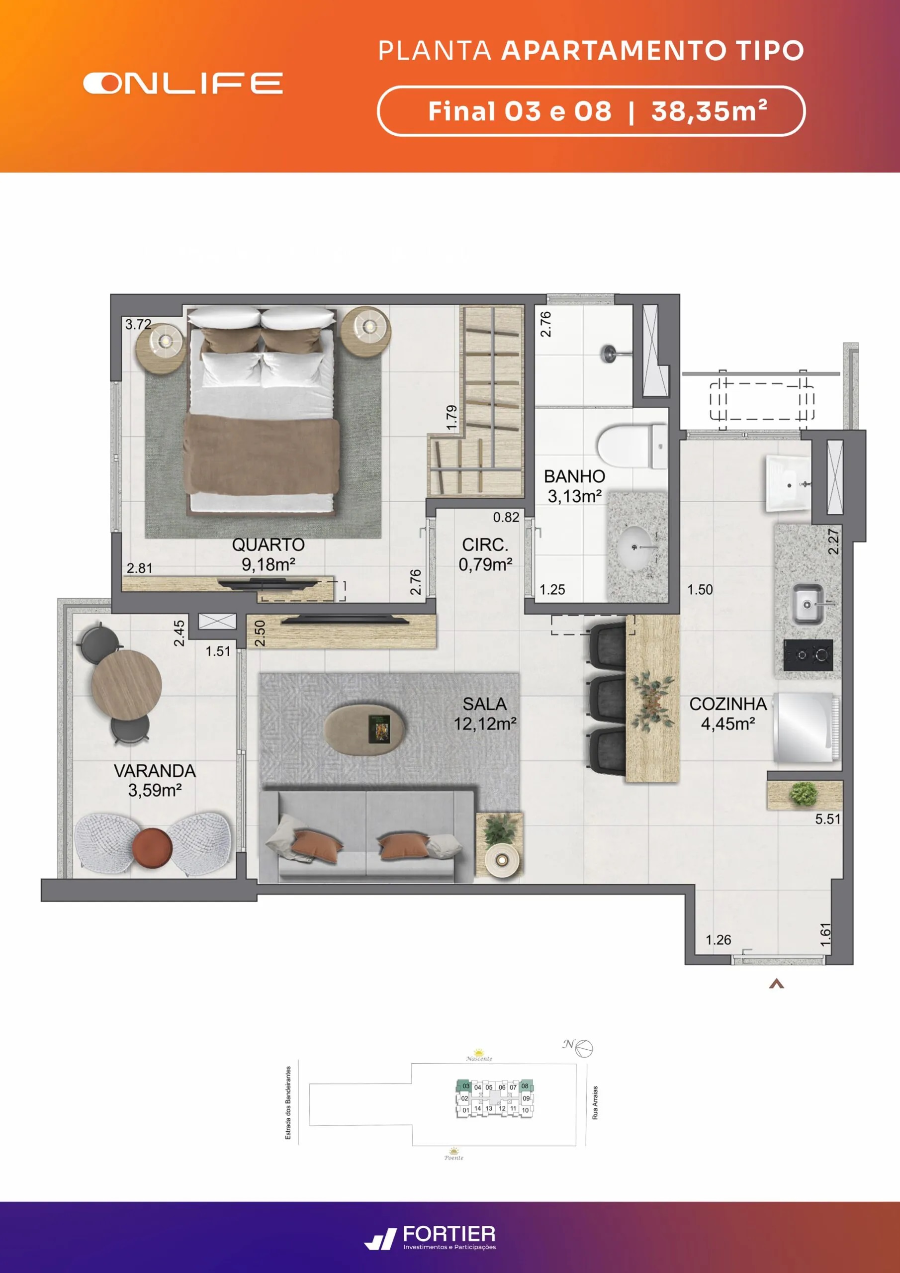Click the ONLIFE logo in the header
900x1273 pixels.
[x=183, y=83]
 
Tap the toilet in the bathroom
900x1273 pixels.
[x=632, y=447]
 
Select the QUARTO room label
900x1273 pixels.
[x=268, y=545]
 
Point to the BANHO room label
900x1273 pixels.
[x=574, y=476]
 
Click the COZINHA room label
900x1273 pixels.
[x=728, y=704]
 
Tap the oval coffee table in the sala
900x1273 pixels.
[x=365, y=728]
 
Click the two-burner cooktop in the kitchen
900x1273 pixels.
[x=808, y=655]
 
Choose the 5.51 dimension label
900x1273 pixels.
[x=827, y=819]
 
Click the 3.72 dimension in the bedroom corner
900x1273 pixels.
[x=138, y=324]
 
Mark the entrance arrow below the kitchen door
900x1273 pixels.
[x=776, y=984]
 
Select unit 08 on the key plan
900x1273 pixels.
[x=525, y=1086]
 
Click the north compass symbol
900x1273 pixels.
[x=583, y=1048]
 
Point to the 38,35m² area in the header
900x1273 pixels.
[x=709, y=111]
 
